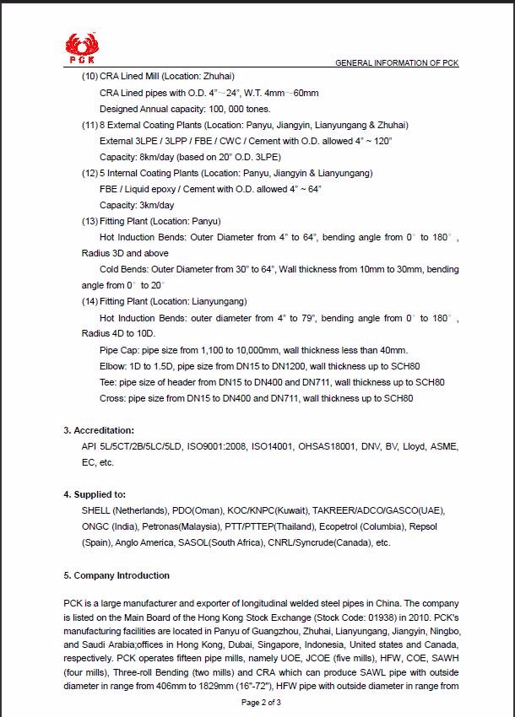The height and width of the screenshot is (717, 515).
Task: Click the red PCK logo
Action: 82,47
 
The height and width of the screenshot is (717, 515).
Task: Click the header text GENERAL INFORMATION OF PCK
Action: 397,63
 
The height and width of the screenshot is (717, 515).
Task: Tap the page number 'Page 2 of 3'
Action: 261,703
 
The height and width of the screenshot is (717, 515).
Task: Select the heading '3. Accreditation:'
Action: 99,430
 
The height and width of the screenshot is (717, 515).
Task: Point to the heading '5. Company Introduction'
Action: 117,575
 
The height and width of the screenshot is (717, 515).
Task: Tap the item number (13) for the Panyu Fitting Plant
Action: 89,221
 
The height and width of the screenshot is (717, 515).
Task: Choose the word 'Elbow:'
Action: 113,366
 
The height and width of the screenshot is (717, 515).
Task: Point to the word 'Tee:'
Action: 108,382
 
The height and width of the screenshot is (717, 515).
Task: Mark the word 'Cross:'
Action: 112,398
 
